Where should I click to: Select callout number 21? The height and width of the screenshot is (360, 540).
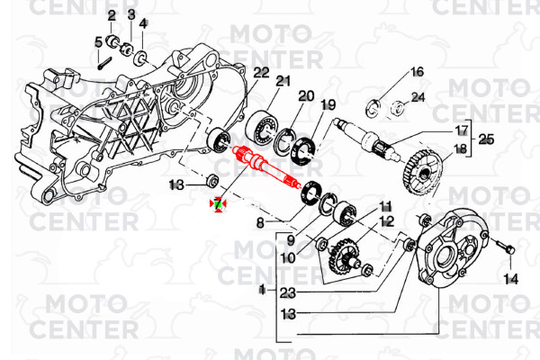283,82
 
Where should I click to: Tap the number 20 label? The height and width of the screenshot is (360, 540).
306,95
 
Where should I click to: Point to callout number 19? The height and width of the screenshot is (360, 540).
328,104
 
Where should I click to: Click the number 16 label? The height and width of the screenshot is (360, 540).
417,72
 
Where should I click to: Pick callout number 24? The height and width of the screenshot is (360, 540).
418,96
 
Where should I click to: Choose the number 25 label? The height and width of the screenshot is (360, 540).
486,139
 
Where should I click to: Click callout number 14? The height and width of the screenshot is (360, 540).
511,279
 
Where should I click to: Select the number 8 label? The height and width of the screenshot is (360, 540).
259,221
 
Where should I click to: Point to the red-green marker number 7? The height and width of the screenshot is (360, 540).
217,205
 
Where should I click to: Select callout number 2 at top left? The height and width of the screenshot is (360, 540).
112,16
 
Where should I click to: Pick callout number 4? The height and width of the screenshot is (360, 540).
142,22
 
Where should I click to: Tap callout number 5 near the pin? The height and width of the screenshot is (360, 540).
98,41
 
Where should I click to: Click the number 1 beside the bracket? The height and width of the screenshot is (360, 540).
261,290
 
